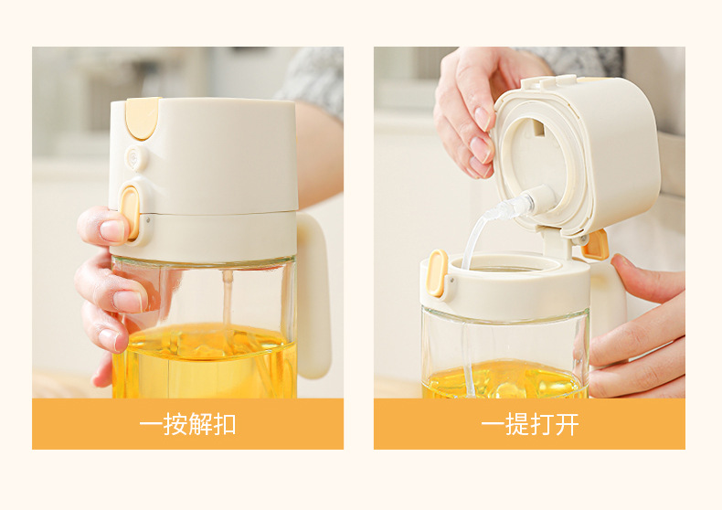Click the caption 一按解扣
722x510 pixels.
(187, 424)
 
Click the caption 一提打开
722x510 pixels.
(529, 424)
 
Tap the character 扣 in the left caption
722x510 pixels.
(225, 424)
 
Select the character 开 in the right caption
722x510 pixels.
(567, 424)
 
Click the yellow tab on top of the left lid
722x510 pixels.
(142, 118)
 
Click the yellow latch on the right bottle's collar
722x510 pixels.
(437, 272)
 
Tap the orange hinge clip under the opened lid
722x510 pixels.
(595, 245)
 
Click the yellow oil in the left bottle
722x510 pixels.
(204, 362)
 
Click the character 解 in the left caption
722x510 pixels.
(200, 424)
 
